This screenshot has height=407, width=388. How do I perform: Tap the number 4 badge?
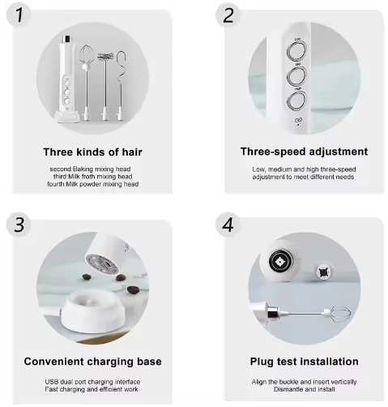point(228,225)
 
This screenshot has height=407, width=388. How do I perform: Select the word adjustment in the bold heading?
point(334,152)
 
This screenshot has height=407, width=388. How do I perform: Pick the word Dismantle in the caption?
point(274,390)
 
